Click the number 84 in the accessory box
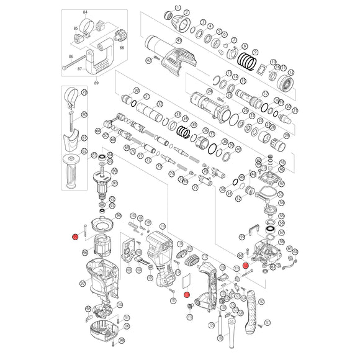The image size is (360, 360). click(x=85, y=12)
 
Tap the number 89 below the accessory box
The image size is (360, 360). click(x=95, y=83)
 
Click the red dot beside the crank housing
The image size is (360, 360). click(x=246, y=265)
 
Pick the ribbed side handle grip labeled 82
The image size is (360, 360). click(x=70, y=173)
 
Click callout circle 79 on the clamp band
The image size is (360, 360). click(x=84, y=92)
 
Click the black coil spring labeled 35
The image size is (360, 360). click(x=184, y=132)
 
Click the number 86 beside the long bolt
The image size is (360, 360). click(x=71, y=56)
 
